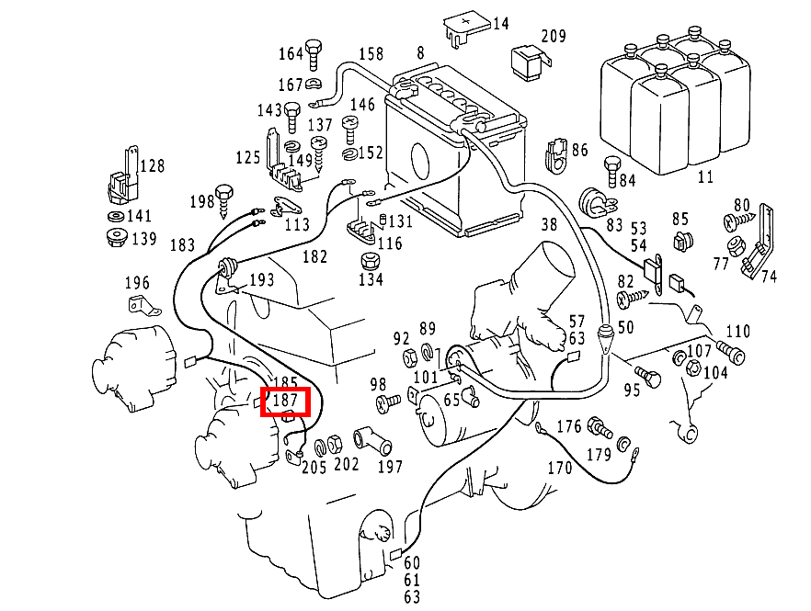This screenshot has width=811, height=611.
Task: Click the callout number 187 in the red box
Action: (287, 402)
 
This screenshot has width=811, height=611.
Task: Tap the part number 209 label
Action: (554, 37)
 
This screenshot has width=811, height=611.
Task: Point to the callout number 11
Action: (705, 176)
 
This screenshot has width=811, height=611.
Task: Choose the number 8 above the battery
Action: (420, 54)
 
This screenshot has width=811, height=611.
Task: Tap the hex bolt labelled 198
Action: (226, 198)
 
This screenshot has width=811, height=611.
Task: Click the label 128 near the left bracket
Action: (153, 166)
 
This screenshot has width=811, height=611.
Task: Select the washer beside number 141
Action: (115, 217)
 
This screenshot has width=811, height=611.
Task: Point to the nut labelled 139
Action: (115, 240)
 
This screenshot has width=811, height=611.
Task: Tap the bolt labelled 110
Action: (730, 352)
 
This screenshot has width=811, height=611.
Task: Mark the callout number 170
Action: (560, 469)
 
